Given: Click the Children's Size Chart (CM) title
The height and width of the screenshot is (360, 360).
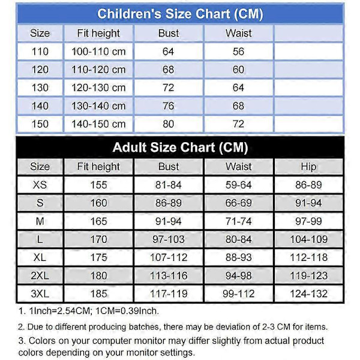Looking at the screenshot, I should pyautogui.click(x=180, y=13).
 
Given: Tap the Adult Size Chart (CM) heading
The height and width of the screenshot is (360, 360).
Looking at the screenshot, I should pyautogui.click(x=180, y=147).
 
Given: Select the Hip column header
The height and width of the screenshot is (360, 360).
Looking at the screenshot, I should pyautogui.click(x=308, y=167).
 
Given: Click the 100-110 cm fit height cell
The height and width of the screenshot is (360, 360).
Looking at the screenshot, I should pyautogui.click(x=98, y=52).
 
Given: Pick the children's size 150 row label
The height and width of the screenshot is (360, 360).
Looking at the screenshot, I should pyautogui.click(x=40, y=124).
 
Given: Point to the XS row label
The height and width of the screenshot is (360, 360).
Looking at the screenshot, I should pyautogui.click(x=40, y=185).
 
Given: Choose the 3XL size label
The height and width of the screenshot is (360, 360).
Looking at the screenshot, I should pyautogui.click(x=40, y=294).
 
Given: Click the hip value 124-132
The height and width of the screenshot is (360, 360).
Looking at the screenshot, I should pyautogui.click(x=308, y=294).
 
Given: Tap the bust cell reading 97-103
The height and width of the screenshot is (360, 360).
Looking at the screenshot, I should pyautogui.click(x=169, y=240).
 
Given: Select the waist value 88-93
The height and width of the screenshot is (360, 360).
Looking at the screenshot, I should pyautogui.click(x=239, y=258).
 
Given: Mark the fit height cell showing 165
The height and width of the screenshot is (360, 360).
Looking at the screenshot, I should pyautogui.click(x=98, y=221).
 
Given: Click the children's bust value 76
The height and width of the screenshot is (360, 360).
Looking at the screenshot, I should pyautogui.click(x=169, y=106).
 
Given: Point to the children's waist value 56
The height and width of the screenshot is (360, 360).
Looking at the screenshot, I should pyautogui.click(x=239, y=52).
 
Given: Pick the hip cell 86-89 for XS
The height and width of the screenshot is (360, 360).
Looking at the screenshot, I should pyautogui.click(x=308, y=185).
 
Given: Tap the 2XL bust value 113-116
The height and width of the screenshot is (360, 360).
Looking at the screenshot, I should pyautogui.click(x=169, y=276).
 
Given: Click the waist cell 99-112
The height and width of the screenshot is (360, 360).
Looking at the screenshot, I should pyautogui.click(x=239, y=294).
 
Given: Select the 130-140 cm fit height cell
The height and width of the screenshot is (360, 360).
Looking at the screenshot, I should pyautogui.click(x=98, y=106).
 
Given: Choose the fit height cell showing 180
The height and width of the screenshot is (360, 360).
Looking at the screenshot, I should pyautogui.click(x=98, y=276).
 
